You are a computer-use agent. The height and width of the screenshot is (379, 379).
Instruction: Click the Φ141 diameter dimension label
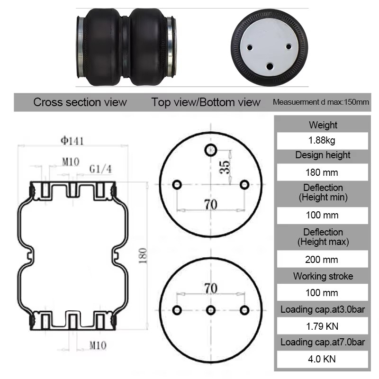coord(72,141)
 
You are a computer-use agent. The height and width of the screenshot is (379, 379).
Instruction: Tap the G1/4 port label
coord(100,169)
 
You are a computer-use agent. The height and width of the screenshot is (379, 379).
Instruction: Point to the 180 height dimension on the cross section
coord(143,255)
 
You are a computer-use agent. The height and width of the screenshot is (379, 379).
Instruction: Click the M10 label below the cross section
coord(98,345)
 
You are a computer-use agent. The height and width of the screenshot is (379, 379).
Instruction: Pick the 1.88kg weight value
coord(322,140)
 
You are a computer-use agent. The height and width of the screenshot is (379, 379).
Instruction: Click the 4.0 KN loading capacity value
coord(322,359)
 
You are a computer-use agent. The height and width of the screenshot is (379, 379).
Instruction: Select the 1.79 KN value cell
coord(322,326)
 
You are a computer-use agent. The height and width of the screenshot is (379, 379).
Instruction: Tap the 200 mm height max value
coord(322,259)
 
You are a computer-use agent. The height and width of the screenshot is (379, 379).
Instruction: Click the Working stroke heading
coord(323,276)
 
